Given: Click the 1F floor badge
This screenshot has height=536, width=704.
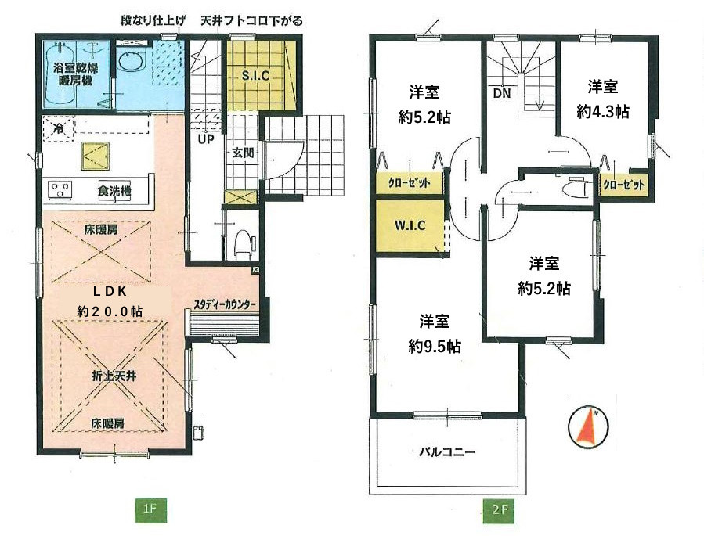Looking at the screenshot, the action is [151, 510].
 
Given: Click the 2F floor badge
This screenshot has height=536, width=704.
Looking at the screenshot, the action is [498, 510].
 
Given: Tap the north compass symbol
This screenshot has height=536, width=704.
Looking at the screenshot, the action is [588, 428].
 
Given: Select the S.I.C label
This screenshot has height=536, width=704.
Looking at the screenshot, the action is [255, 76].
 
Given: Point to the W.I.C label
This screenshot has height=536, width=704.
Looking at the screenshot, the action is [410, 225].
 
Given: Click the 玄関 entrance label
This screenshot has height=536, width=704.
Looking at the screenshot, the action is [243, 153].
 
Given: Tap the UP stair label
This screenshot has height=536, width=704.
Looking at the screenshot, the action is [206, 139].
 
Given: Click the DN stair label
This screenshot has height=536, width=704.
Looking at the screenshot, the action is [501, 94].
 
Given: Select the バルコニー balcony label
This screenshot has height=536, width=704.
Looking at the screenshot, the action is [446, 451].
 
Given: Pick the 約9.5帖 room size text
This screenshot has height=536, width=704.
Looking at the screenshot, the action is [434, 347].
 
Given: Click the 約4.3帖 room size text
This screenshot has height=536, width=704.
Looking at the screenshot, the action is [602, 111].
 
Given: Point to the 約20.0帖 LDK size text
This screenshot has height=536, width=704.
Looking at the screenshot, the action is [110, 311].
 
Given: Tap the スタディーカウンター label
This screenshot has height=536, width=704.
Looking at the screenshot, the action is [225, 304].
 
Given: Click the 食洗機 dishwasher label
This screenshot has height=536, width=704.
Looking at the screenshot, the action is [114, 191].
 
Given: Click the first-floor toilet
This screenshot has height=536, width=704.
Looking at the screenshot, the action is [244, 243].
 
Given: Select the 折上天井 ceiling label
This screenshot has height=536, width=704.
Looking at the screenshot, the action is [114, 376].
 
